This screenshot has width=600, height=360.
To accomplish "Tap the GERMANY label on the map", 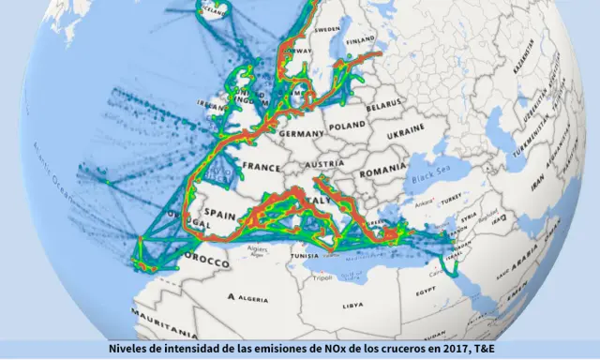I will coord(300,134).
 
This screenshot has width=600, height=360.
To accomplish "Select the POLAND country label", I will coord(347,125).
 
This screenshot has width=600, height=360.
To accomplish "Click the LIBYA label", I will coord(352,305).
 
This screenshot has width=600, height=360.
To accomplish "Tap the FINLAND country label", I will coord(361,41).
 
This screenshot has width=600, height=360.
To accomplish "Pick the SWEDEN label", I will coord(326,30).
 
